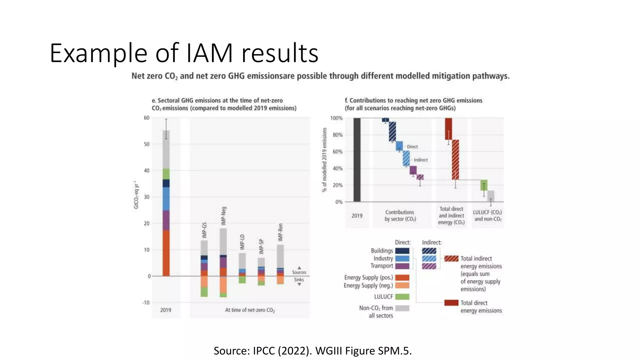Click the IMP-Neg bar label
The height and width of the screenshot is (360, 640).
click(x=223, y=216)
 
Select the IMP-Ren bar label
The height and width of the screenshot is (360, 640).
click(x=280, y=232)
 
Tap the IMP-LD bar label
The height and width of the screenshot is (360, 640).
click(x=242, y=242)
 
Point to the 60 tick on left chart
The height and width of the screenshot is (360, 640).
click(x=147, y=118)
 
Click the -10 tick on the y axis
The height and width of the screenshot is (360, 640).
click(x=146, y=302)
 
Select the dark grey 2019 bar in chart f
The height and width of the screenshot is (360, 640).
click(x=357, y=160)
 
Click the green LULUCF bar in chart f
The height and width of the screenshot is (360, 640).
click(x=484, y=185)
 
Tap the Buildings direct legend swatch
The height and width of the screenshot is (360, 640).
click(x=402, y=251)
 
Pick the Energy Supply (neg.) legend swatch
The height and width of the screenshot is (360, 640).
click(x=402, y=285)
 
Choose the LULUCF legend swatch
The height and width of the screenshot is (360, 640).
click(x=402, y=297)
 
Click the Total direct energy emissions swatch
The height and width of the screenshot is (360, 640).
click(x=451, y=302)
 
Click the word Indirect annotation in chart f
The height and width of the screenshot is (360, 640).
click(x=421, y=160)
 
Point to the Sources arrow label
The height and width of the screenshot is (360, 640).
click(x=299, y=272)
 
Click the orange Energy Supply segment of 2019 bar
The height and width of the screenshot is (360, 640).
click(x=166, y=253)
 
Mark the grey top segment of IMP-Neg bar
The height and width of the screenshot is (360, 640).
click(x=223, y=241)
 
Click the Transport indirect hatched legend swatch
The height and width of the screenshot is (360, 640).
click(x=429, y=266)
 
